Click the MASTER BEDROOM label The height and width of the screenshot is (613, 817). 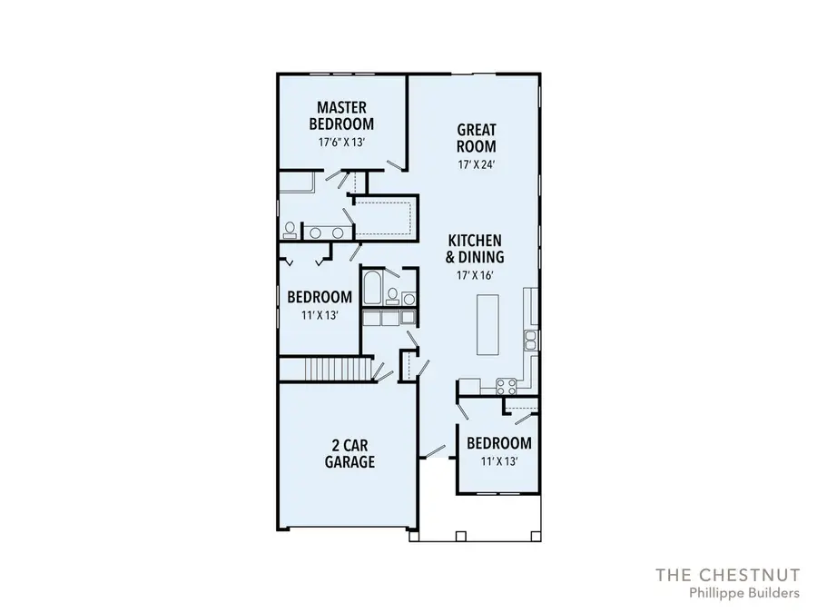(340, 116)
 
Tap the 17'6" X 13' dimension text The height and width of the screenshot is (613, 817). (340, 143)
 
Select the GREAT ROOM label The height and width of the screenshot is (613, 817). (476, 138)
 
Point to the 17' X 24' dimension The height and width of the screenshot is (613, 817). (476, 164)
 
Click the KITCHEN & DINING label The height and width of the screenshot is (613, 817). (475, 248)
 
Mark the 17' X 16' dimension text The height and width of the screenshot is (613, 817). (475, 275)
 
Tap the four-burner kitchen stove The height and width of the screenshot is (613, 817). (509, 385)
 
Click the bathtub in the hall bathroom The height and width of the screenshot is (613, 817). (371, 292)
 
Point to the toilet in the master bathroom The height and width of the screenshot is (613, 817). (290, 229)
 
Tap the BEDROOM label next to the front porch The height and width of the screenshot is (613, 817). (498, 443)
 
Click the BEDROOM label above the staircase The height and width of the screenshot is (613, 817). (320, 297)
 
